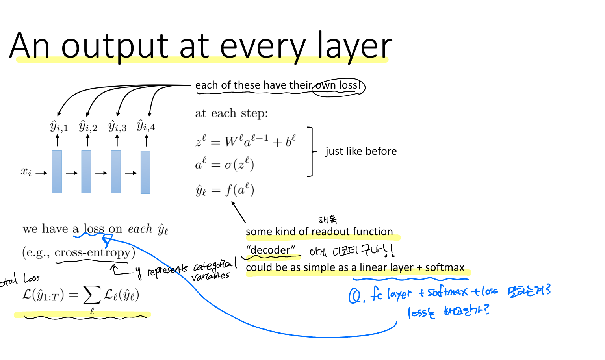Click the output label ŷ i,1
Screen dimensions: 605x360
tap(59, 126)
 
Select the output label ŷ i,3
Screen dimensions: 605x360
tap(117, 126)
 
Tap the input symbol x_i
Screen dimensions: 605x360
tap(26, 172)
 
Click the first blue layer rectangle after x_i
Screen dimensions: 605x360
tap(57, 172)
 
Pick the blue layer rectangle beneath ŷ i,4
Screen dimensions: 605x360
tap(145, 172)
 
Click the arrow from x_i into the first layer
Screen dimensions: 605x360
tap(41, 173)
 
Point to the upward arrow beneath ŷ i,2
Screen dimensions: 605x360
tap(87, 141)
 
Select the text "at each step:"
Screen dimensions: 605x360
tap(231, 113)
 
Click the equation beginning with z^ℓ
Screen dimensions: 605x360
tap(245, 141)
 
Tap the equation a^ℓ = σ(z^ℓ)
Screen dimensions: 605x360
tap(225, 164)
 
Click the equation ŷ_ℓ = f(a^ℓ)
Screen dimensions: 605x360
tap(225, 190)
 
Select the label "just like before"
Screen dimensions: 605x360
tap(361, 151)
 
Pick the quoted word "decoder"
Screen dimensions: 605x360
tap(271, 250)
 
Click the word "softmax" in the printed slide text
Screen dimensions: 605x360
tap(445, 267)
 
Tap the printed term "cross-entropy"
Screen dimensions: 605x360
tap(92, 252)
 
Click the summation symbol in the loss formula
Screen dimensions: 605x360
tap(91, 295)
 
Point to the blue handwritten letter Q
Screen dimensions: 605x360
tap(354, 296)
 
